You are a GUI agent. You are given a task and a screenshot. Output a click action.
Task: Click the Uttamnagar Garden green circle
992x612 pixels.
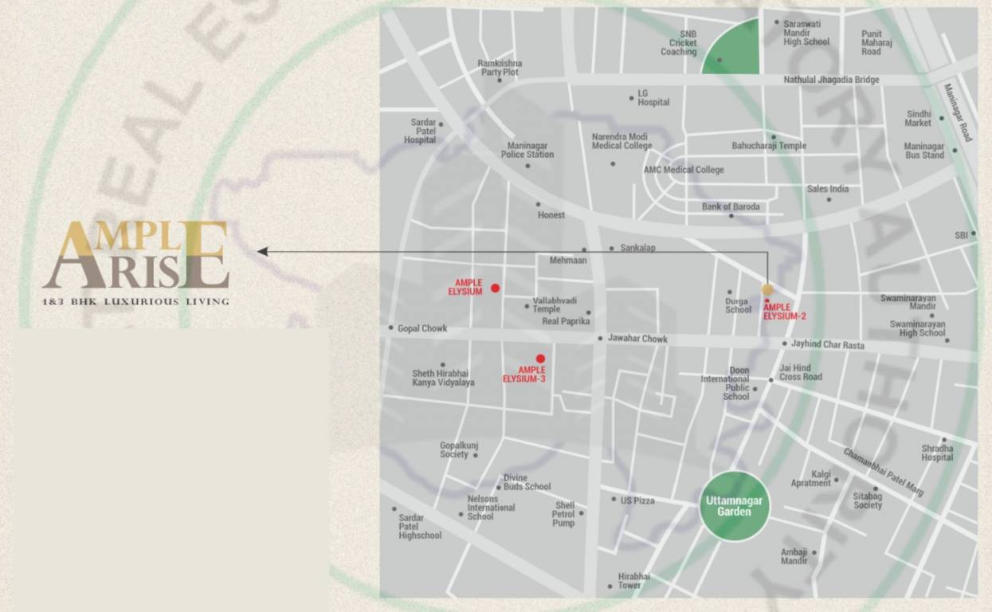[734, 507]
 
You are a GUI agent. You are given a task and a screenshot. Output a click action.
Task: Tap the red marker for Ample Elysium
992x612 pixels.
[495, 288]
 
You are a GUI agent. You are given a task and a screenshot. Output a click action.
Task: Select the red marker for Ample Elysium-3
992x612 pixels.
[540, 359]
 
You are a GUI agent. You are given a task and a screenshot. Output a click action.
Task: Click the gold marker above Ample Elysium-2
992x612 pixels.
[767, 289]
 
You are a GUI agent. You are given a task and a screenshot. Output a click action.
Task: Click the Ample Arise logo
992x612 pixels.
[135, 255]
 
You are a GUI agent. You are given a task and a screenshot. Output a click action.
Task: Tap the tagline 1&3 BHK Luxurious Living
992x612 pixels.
[135, 301]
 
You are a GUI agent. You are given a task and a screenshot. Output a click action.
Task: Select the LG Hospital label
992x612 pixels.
[653, 98]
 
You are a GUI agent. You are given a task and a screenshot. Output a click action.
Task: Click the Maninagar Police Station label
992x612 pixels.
[530, 150]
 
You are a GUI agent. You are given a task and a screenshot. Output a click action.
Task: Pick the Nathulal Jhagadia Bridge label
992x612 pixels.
[831, 80]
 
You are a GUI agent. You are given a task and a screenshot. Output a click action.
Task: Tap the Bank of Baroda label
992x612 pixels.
[731, 207]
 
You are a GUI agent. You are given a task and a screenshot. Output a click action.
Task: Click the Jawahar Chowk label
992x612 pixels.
[637, 339]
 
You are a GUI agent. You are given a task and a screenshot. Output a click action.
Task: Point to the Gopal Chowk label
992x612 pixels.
[422, 328]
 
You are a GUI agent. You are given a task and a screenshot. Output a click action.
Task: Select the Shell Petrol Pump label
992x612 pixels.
[564, 514]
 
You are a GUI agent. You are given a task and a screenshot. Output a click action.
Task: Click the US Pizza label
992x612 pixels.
[637, 500]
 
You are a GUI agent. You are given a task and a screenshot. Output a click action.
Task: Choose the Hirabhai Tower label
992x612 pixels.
[633, 581]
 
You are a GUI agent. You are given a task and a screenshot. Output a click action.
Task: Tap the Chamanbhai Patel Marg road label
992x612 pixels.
[883, 472]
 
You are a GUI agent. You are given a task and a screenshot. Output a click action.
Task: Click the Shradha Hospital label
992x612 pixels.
[937, 453]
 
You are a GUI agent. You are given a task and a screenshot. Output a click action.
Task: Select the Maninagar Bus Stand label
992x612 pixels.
[923, 151]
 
